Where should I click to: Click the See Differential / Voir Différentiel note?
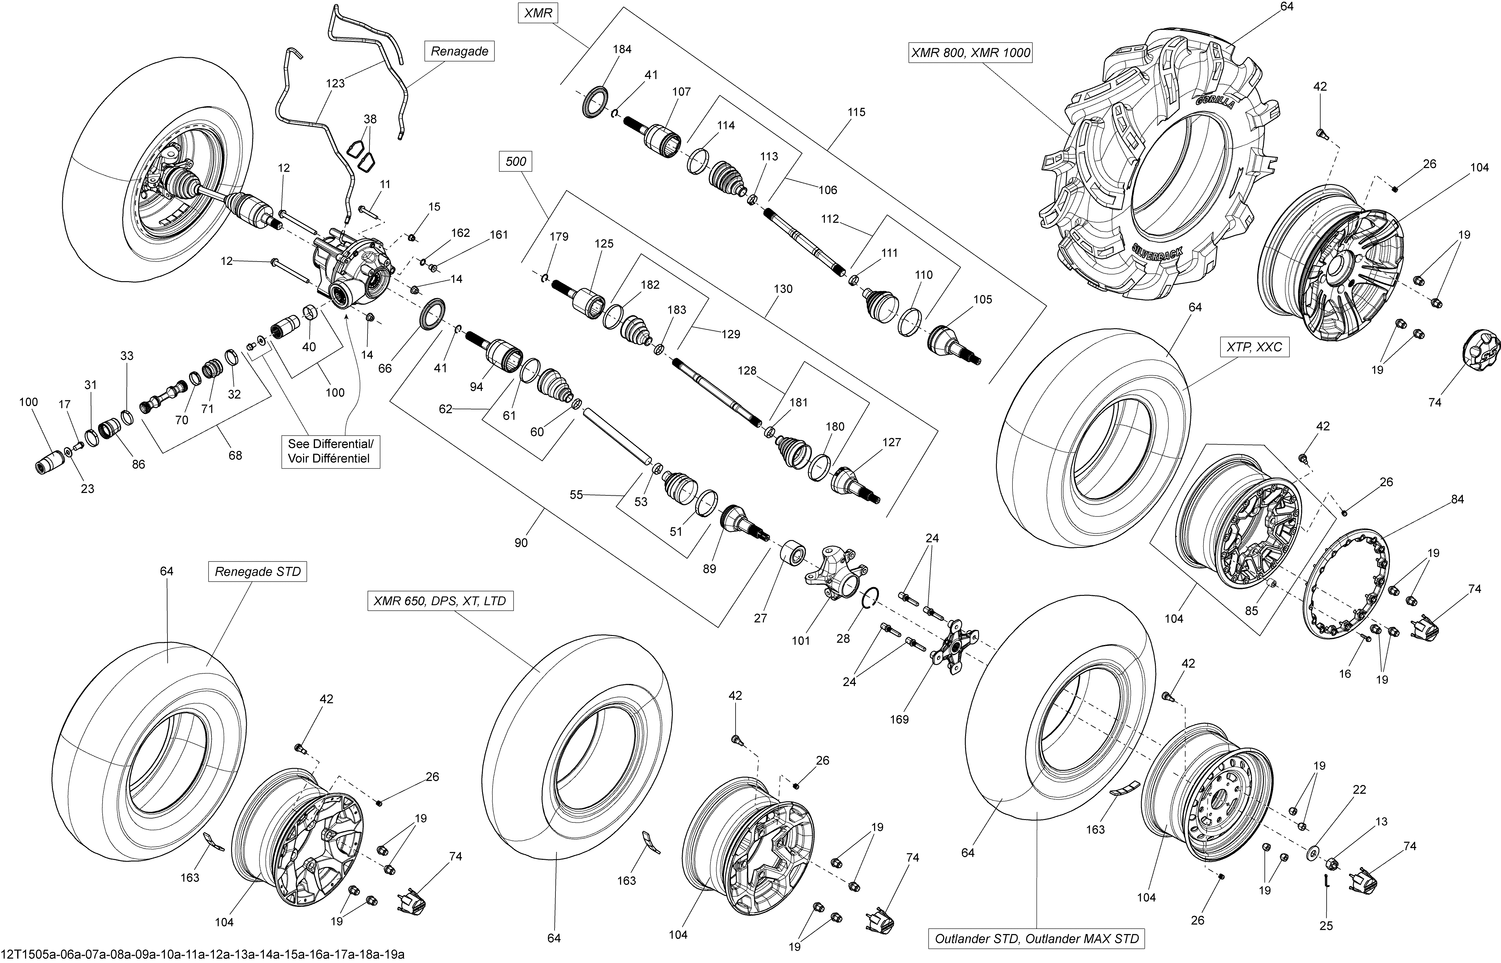330,451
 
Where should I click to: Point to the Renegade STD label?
258,571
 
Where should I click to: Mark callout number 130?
783,289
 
